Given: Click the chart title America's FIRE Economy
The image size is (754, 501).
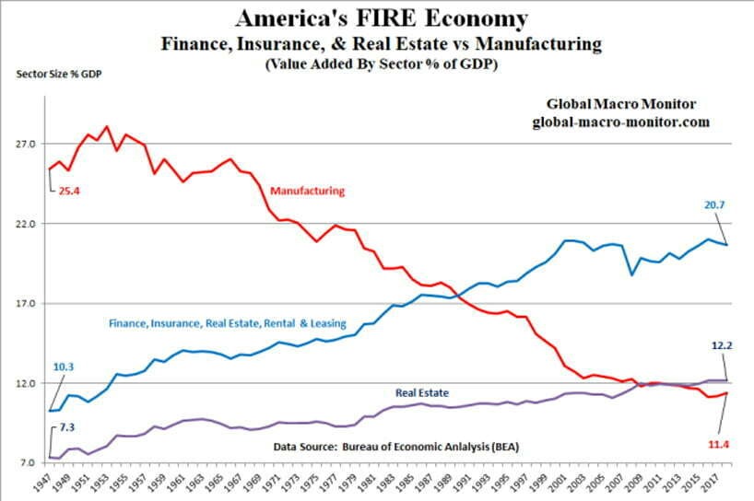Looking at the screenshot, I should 382,18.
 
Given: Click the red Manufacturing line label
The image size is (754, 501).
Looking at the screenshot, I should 307,191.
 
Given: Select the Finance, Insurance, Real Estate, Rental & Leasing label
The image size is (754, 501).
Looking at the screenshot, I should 227,323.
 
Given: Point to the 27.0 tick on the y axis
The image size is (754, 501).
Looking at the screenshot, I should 25,144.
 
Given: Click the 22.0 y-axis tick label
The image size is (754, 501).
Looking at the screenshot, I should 25,224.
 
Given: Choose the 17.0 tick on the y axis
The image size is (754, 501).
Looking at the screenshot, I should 25,303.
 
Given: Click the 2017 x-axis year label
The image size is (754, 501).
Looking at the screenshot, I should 708,484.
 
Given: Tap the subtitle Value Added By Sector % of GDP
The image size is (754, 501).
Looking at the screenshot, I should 381,64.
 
